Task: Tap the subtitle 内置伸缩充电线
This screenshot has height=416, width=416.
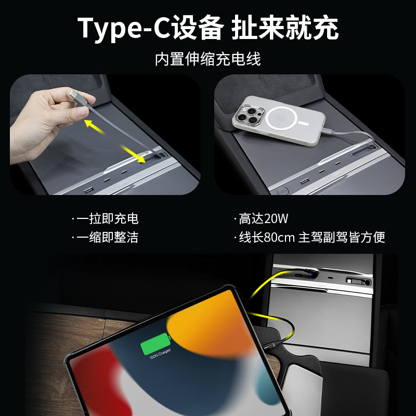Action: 207,59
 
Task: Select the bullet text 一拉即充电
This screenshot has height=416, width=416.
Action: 107,219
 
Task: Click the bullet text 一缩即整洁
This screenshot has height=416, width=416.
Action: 107,238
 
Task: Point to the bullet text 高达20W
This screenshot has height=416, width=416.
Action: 262,219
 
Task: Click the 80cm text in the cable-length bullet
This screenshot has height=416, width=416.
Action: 279,238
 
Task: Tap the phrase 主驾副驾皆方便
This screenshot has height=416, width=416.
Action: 342,238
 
